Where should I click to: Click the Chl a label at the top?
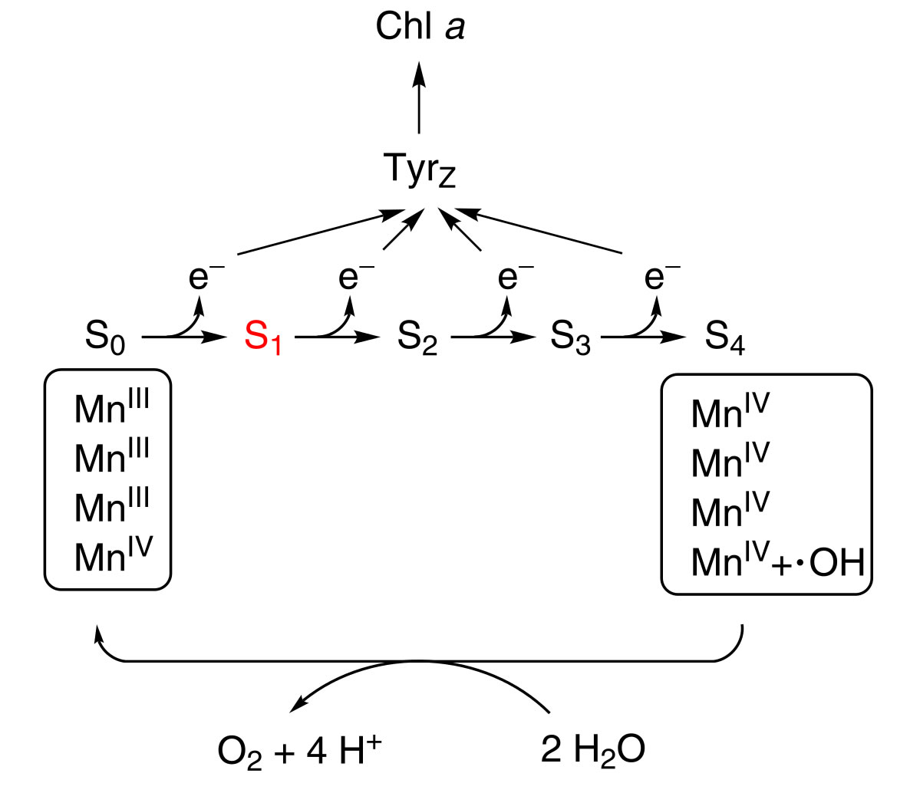click(x=420, y=28)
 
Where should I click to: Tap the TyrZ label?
click(x=419, y=170)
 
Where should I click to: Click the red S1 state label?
click(x=262, y=338)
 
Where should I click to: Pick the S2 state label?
click(x=417, y=338)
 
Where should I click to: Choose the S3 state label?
click(x=571, y=338)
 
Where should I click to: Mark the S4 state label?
click(x=725, y=338)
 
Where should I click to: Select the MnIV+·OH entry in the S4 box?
click(x=777, y=562)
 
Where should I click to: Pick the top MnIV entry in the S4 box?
click(x=730, y=413)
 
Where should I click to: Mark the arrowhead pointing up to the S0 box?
click(x=97, y=633)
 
